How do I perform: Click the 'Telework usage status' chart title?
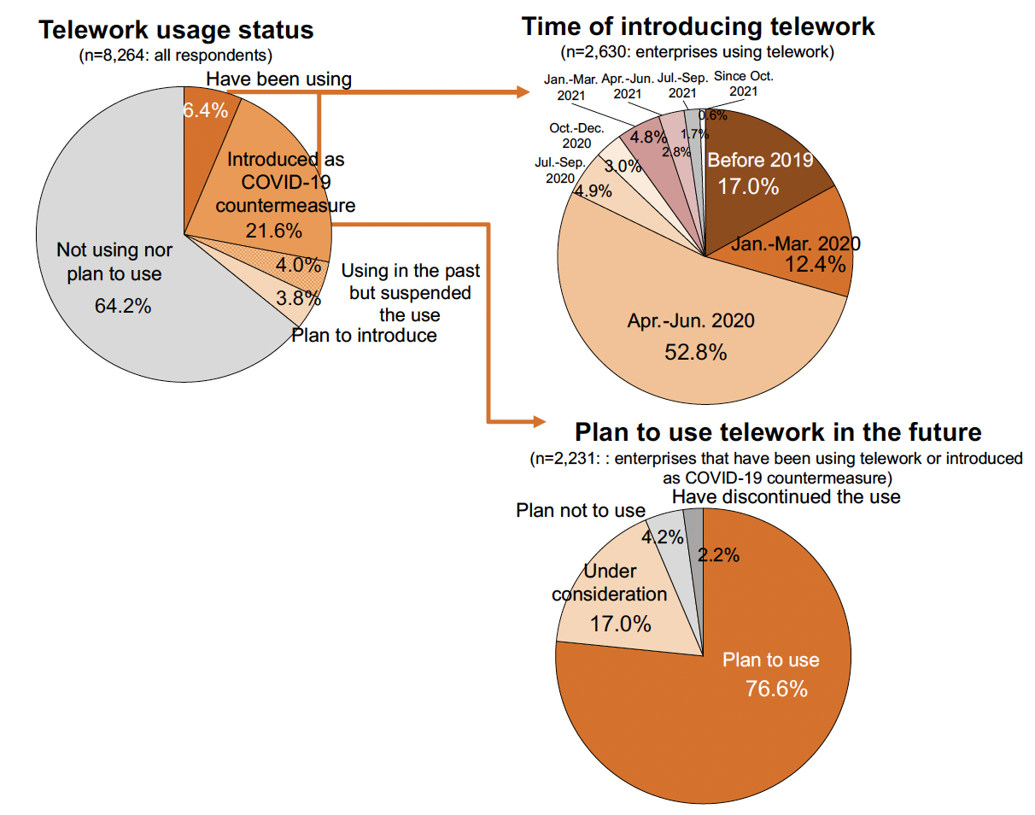[176, 30]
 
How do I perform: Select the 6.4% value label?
[205, 111]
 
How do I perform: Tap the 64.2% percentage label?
[123, 306]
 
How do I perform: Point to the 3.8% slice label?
[298, 298]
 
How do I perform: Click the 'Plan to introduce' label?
[364, 336]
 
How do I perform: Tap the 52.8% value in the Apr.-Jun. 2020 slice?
[695, 352]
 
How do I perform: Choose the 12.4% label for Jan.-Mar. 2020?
[815, 265]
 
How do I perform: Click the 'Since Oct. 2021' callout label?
[744, 84]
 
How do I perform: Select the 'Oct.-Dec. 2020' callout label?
[576, 136]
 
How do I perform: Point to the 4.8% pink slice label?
[648, 138]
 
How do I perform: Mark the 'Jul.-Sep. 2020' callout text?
[560, 170]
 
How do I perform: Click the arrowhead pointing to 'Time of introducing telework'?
[523, 92]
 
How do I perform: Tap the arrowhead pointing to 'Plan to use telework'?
[540, 422]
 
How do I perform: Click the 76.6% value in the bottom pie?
[776, 689]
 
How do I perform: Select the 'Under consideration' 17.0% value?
[620, 624]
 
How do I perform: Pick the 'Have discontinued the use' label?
[786, 496]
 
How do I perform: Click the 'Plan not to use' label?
[581, 511]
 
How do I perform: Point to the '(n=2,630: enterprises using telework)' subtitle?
[698, 52]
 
